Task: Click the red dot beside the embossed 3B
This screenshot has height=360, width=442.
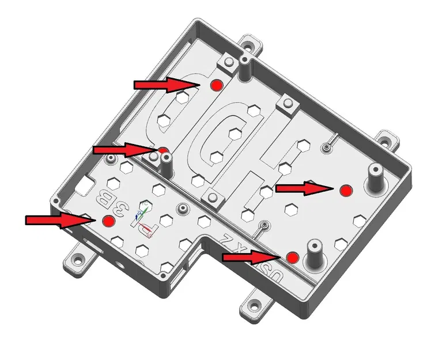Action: click(108, 221)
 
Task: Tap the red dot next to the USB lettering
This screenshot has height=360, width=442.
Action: click(292, 257)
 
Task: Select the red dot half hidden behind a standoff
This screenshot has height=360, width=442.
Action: click(164, 151)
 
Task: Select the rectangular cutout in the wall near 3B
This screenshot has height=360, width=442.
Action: click(87, 183)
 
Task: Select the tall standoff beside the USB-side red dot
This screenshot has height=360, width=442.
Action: click(315, 254)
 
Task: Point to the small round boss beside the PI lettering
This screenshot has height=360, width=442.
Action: click(184, 207)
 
